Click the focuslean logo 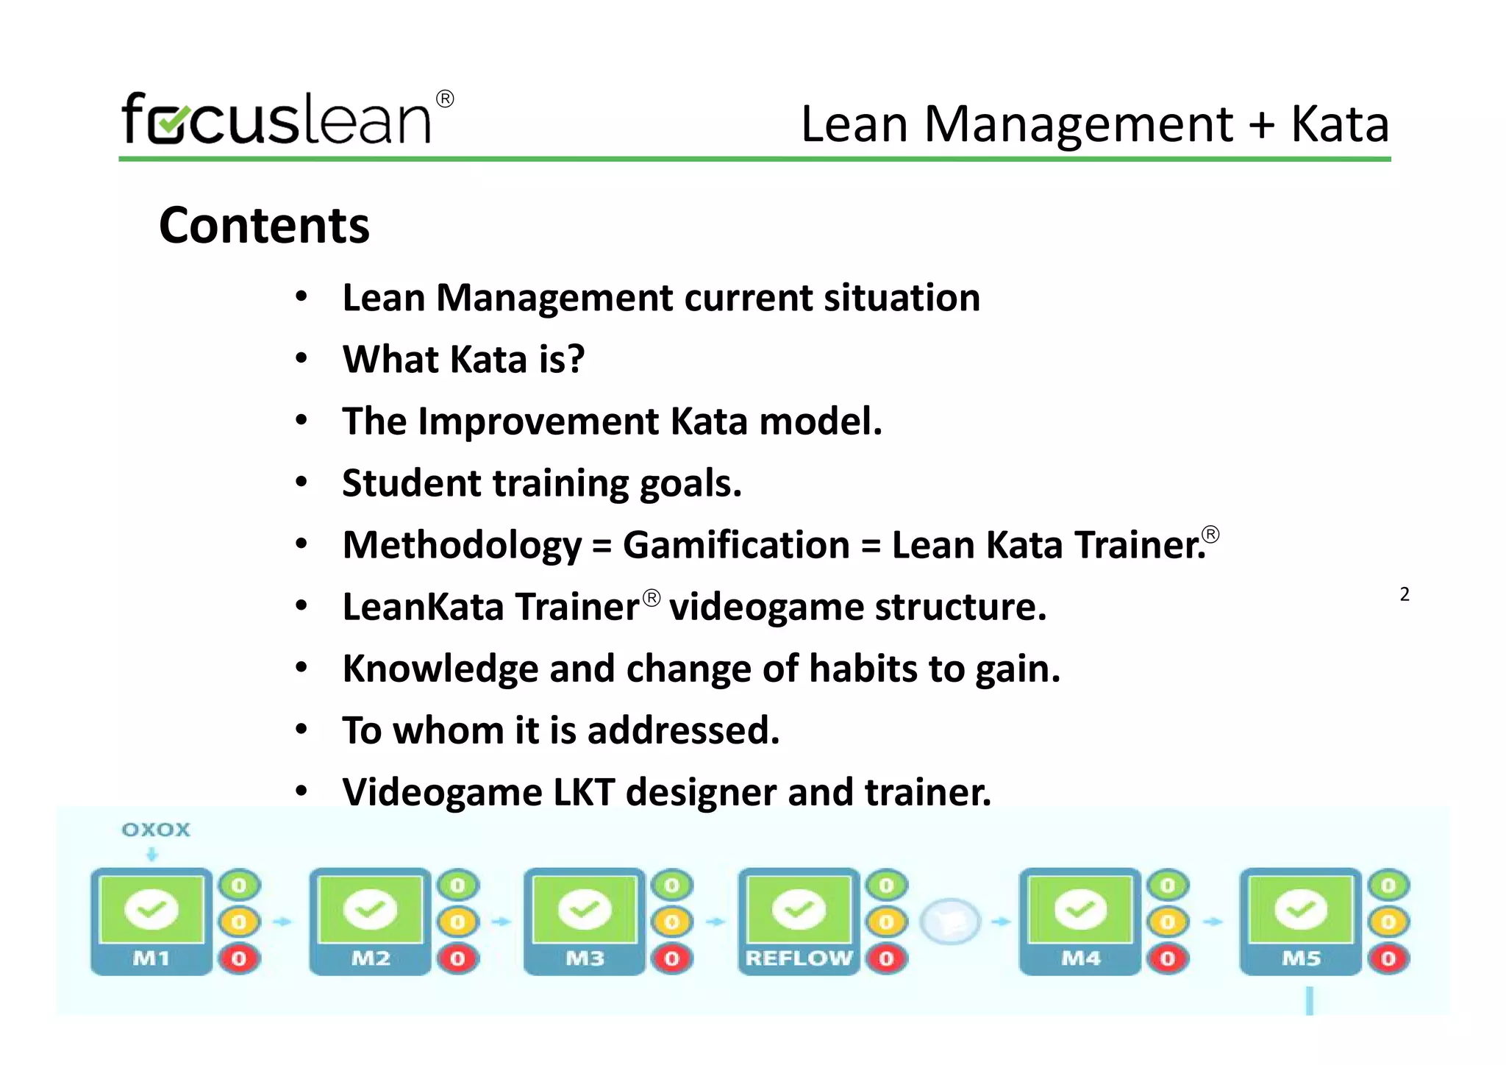tap(287, 119)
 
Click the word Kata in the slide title tap(1340, 124)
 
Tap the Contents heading tap(264, 225)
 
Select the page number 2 tap(1405, 594)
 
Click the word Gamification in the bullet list tap(736, 545)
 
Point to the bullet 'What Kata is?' tap(463, 360)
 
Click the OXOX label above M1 tap(156, 830)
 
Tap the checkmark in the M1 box tap(151, 909)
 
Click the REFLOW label tap(799, 958)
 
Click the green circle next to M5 tap(1388, 886)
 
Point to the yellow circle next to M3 tap(672, 922)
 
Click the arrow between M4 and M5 tap(1213, 922)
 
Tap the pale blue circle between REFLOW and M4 tap(951, 921)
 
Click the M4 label tap(1080, 958)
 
